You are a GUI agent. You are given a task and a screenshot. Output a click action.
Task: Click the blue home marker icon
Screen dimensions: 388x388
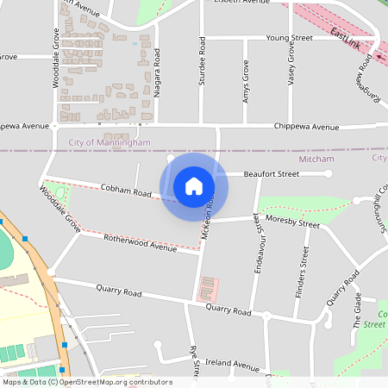tap(194, 186)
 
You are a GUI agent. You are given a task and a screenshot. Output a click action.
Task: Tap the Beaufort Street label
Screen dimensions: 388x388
tap(271, 174)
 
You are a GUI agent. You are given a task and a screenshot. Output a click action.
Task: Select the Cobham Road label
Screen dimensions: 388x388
tap(126, 189)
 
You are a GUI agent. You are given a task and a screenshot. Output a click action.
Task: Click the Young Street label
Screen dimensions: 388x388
tap(289, 38)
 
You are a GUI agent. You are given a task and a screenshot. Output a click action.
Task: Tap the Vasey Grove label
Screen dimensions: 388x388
tap(291, 65)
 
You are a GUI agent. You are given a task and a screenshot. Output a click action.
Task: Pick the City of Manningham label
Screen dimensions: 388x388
tap(109, 142)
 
